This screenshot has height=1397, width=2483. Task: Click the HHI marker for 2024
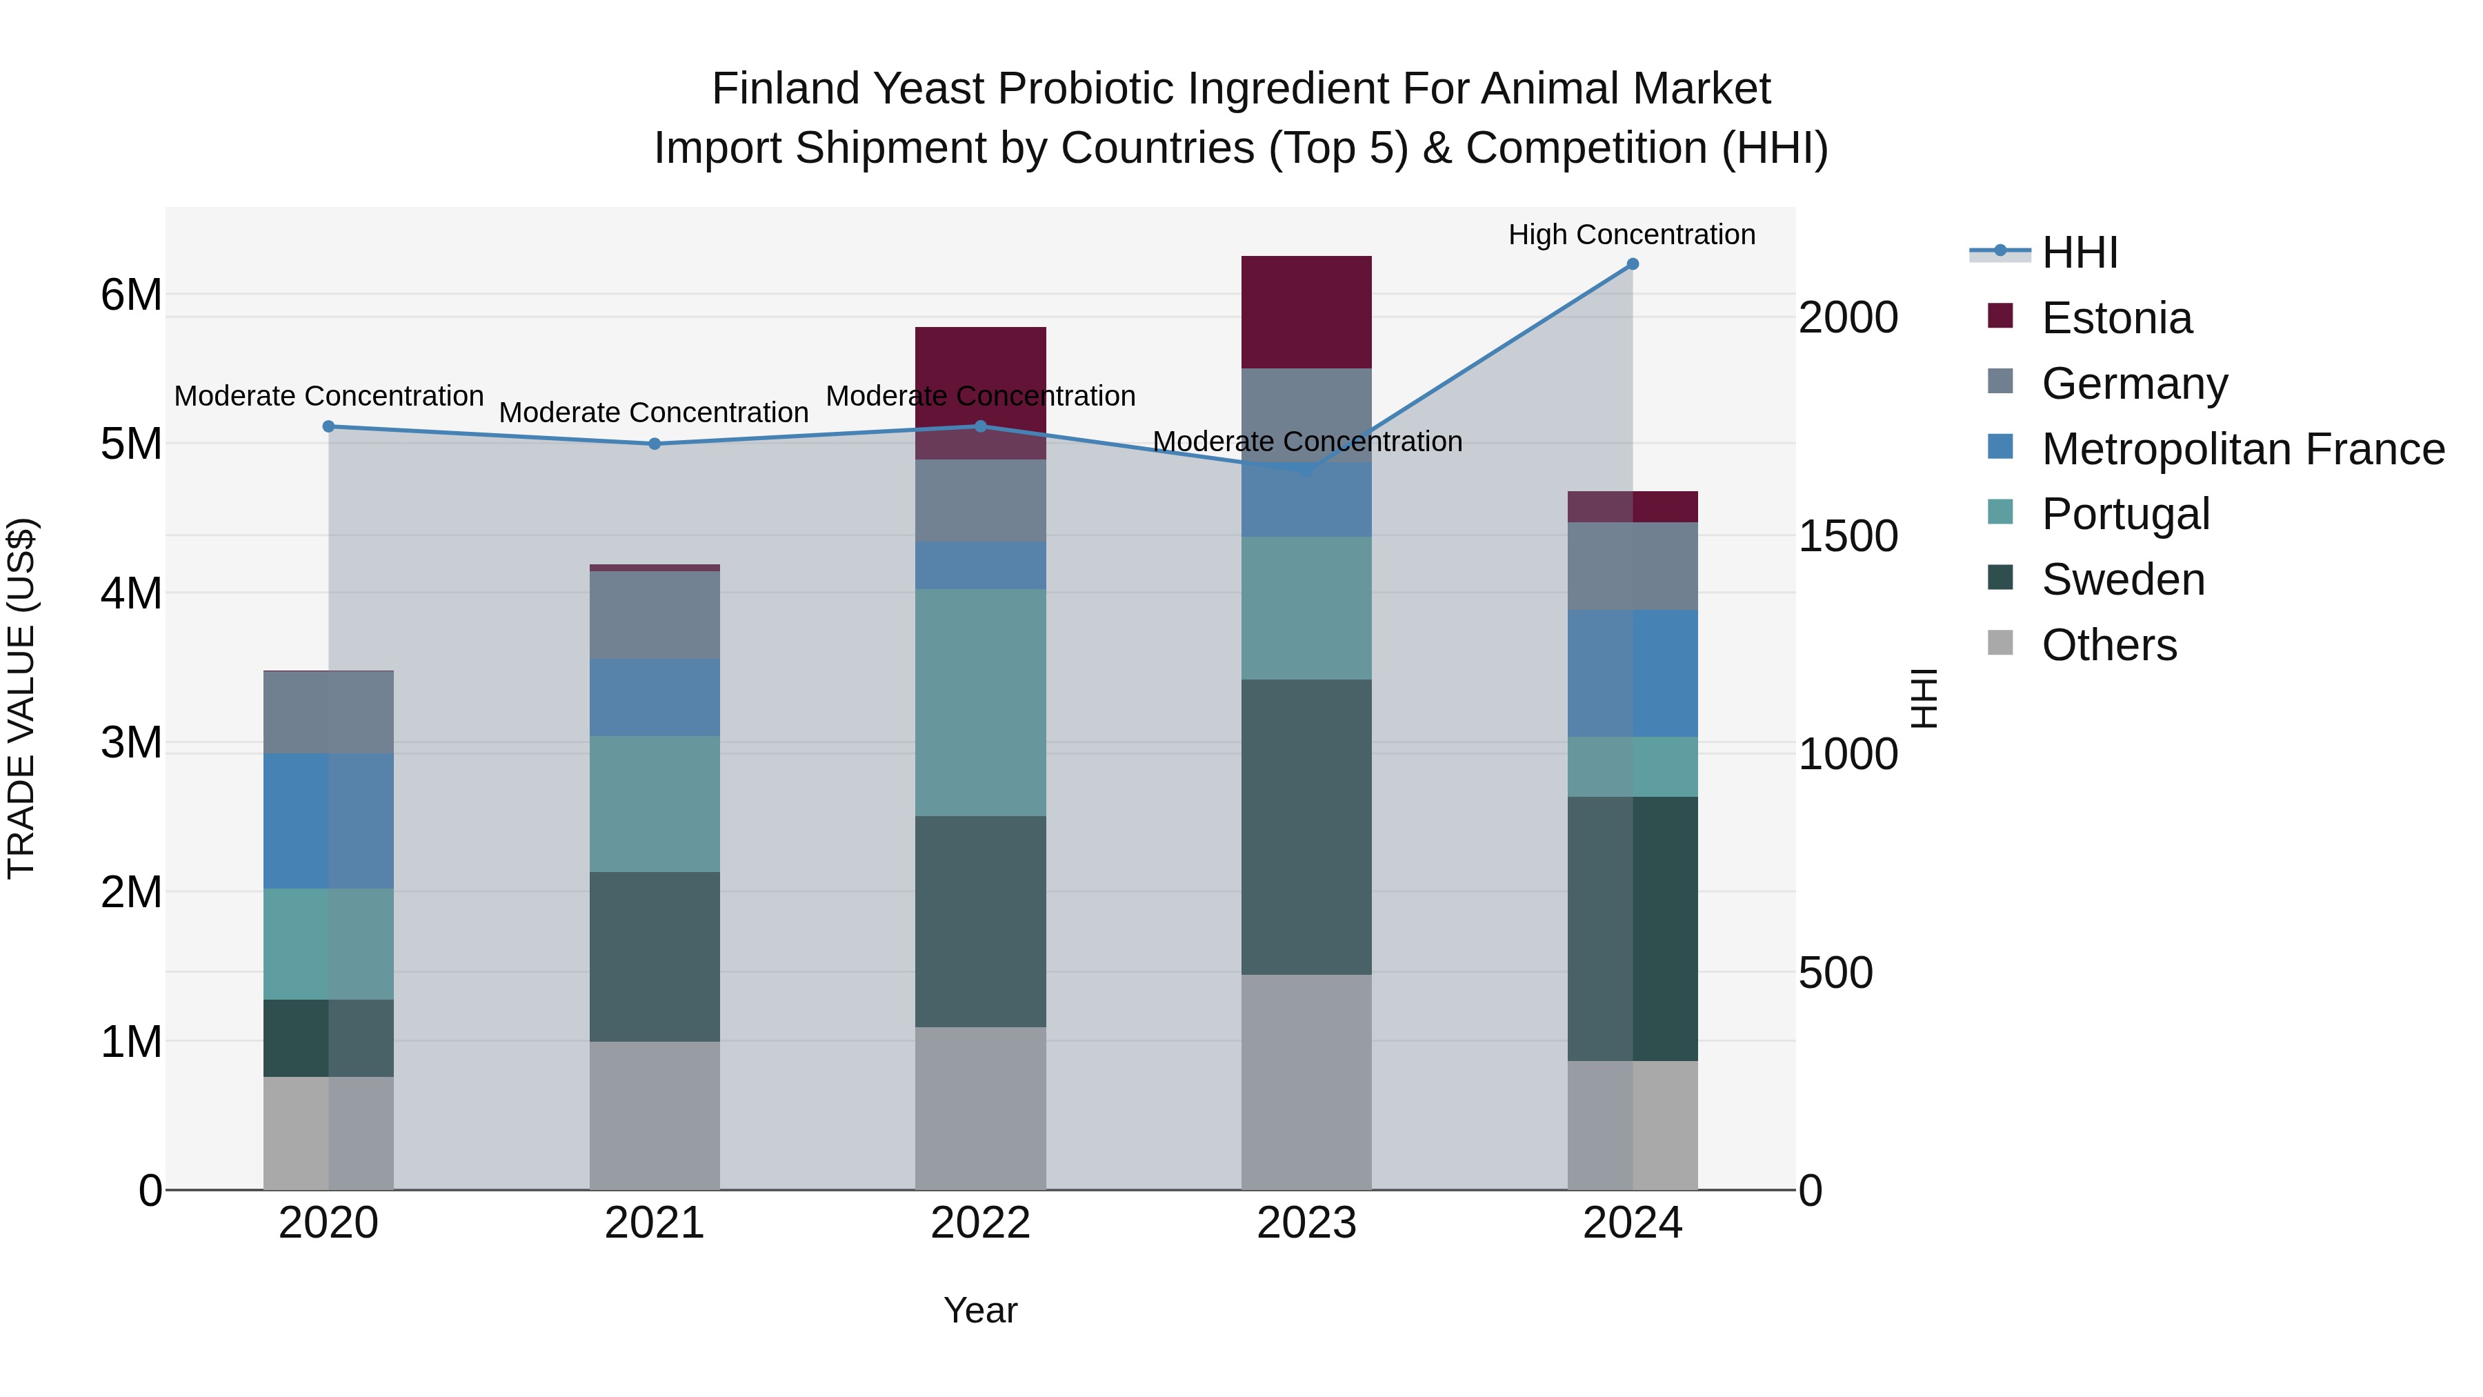coord(1632,264)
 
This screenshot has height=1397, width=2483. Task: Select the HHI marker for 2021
coord(655,444)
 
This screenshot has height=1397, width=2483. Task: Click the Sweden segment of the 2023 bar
coord(1306,826)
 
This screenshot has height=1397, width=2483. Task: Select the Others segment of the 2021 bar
coord(655,1115)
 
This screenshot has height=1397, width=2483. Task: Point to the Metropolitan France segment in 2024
coord(1632,673)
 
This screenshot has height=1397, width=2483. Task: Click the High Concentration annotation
coord(1631,235)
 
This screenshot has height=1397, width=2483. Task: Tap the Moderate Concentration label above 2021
coord(654,413)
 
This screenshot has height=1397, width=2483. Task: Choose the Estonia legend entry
coord(2116,318)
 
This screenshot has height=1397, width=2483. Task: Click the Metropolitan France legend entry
coord(2242,449)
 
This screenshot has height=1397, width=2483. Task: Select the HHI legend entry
coord(2079,252)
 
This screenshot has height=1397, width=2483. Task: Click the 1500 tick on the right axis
coord(1848,536)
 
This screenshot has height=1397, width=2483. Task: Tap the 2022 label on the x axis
coord(980,1223)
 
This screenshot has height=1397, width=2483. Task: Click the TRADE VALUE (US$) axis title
coord(21,698)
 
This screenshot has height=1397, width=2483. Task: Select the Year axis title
coord(980,1310)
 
